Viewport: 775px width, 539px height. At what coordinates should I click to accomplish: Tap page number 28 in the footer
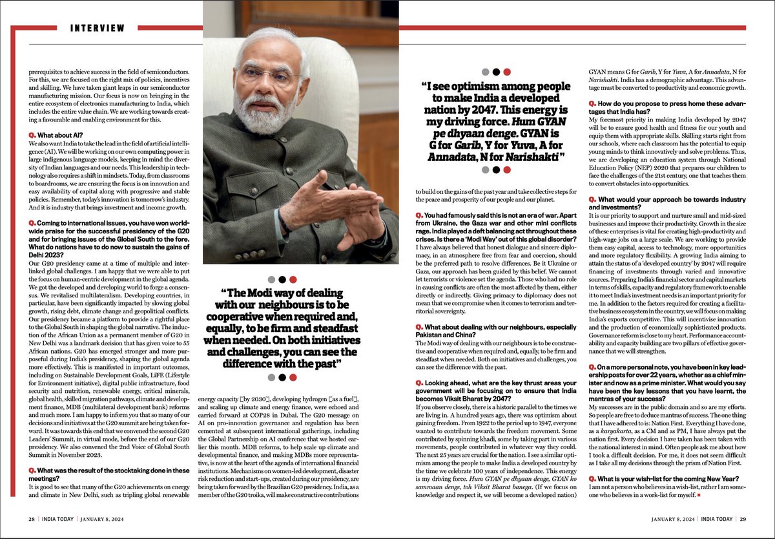[31, 518]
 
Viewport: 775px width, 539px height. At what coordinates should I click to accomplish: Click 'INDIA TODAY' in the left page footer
[60, 518]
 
